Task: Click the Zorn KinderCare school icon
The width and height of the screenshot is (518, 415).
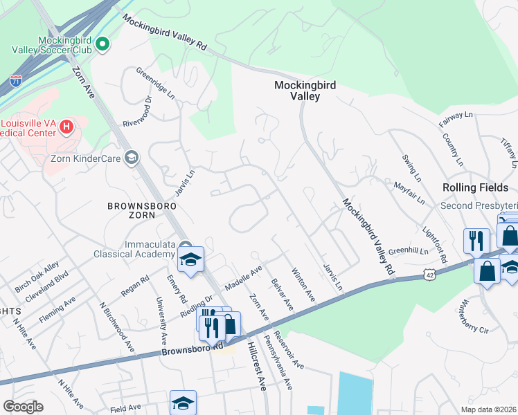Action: [131, 158]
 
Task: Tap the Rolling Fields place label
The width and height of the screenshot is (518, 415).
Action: [475, 187]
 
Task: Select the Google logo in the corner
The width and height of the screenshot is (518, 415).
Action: [23, 406]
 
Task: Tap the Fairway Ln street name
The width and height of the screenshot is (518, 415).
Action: [455, 119]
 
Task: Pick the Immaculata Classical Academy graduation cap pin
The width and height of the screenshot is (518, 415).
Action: [190, 259]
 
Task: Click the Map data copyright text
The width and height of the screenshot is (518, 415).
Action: [488, 409]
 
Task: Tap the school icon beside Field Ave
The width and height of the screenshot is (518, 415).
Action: [183, 402]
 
